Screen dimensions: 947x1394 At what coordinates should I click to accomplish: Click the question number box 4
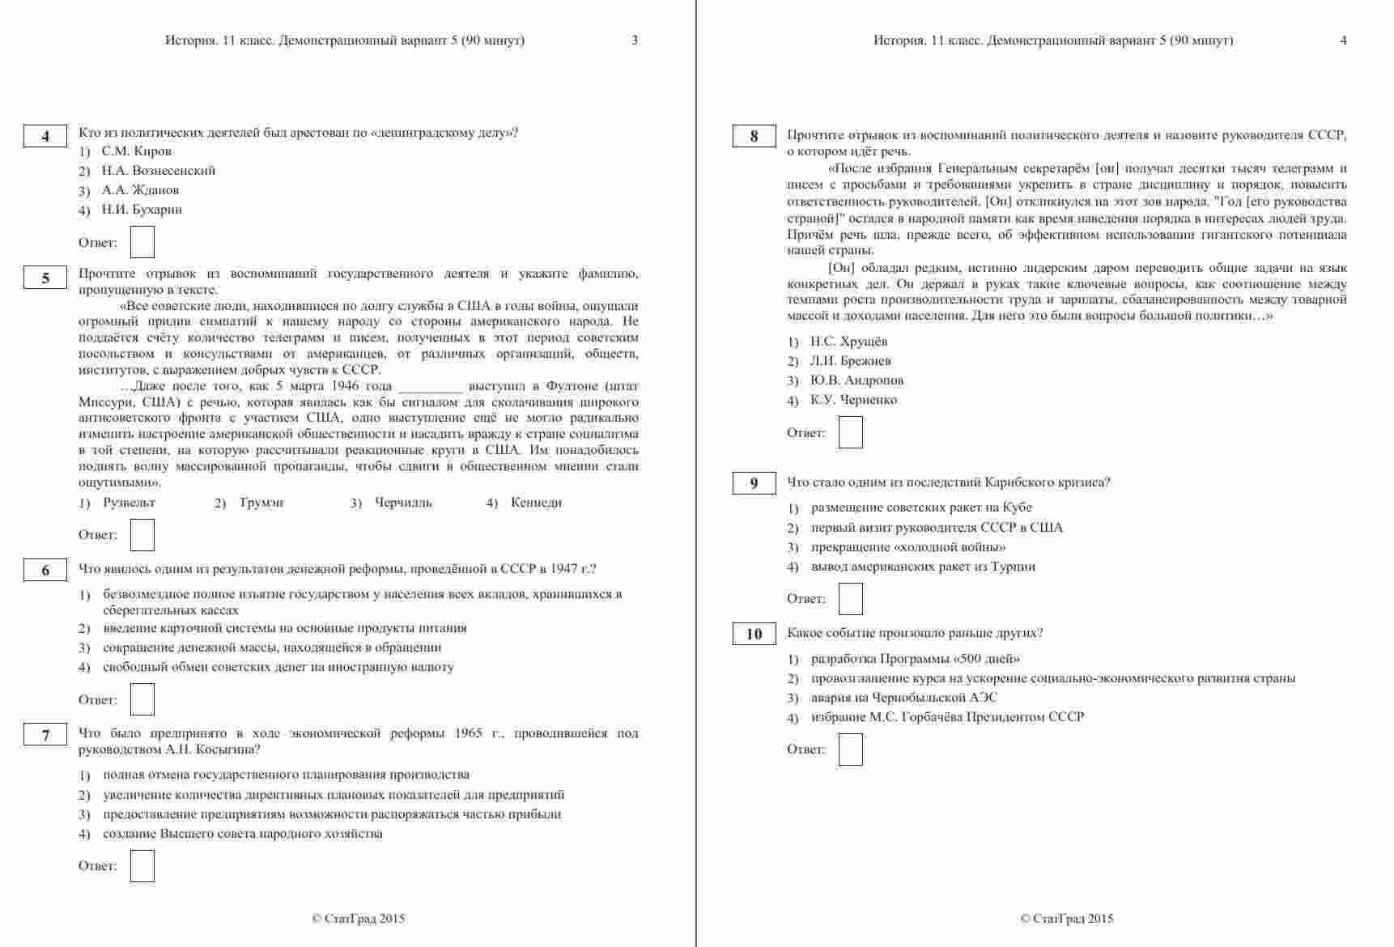click(x=45, y=137)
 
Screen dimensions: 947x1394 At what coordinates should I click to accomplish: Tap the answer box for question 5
click(x=142, y=535)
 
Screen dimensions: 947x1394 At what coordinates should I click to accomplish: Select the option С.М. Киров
click(x=136, y=151)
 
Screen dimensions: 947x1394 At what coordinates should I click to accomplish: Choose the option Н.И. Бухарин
click(x=142, y=210)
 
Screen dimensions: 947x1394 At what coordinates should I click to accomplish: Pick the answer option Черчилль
click(x=403, y=503)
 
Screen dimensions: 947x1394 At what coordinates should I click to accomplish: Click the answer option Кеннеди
click(x=536, y=503)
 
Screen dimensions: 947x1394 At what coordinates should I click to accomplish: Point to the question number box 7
click(x=45, y=735)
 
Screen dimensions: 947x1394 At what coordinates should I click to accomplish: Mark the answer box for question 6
click(x=142, y=700)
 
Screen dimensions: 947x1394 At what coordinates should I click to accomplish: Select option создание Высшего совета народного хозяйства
click(x=242, y=834)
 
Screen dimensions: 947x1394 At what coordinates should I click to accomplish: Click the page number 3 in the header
click(x=635, y=40)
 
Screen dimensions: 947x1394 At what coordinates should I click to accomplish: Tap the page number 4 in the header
click(x=1344, y=40)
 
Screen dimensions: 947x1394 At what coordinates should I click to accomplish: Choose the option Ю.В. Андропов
click(x=856, y=380)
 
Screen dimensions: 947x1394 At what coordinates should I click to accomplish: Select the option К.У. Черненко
click(x=853, y=400)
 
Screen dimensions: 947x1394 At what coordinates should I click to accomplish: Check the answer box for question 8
click(x=851, y=432)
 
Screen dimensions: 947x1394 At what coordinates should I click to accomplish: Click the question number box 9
click(x=754, y=483)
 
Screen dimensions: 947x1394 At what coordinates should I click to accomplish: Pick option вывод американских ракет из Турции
click(x=923, y=567)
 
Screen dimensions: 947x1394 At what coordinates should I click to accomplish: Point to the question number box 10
click(x=754, y=634)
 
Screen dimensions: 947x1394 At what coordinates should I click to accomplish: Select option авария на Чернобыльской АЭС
click(x=904, y=698)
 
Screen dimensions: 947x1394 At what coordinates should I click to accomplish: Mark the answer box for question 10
click(x=851, y=750)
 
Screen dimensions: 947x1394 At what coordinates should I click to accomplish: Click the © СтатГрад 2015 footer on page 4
click(x=1067, y=919)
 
